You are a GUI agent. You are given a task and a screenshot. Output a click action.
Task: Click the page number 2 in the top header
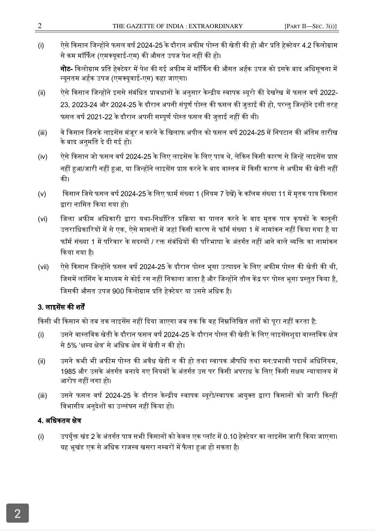tap(40, 26)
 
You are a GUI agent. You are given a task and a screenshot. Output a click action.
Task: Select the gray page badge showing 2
tap(17, 513)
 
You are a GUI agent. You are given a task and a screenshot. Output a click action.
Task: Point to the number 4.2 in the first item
tap(307, 46)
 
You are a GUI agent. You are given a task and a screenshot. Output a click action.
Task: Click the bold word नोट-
tap(66, 69)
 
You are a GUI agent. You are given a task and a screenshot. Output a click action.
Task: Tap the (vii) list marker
tap(43, 267)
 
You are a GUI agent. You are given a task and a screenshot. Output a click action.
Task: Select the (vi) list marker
tap(43, 219)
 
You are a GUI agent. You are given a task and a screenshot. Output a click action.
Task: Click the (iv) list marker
tap(43, 157)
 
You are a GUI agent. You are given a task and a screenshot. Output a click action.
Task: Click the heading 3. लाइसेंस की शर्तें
tap(62, 307)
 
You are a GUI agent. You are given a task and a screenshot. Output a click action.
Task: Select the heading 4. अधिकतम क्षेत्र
tap(59, 421)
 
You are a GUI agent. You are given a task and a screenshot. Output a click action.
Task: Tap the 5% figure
tap(71, 346)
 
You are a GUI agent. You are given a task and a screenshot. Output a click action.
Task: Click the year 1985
tap(68, 371)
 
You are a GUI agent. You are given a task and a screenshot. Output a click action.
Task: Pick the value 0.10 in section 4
tap(230, 436)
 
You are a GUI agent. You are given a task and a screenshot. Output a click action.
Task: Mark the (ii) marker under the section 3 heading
tap(42, 361)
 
